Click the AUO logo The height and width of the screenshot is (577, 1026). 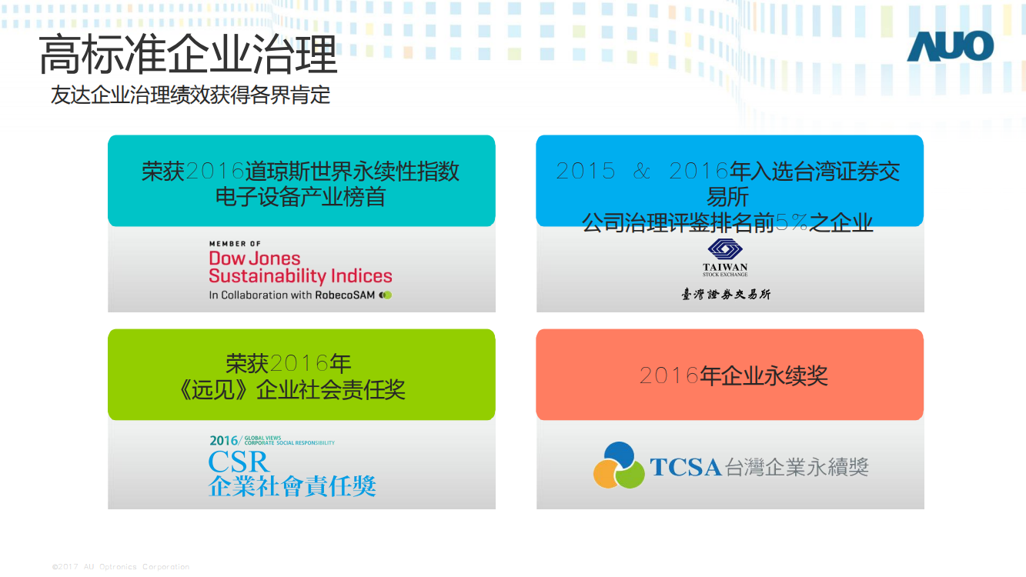click(x=951, y=46)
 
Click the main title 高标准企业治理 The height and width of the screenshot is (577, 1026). click(x=189, y=55)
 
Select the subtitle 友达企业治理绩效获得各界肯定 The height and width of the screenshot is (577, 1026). click(x=191, y=95)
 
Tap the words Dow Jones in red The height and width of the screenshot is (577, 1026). click(x=255, y=258)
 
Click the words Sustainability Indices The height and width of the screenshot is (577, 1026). click(x=300, y=276)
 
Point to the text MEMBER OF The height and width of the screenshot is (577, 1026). click(x=235, y=244)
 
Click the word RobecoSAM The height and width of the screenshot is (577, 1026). click(x=345, y=295)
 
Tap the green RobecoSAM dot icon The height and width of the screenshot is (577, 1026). click(x=386, y=295)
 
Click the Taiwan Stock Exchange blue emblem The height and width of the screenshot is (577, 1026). click(x=725, y=249)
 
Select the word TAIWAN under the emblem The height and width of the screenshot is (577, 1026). click(x=725, y=267)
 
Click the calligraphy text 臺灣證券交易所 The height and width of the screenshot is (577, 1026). click(x=726, y=294)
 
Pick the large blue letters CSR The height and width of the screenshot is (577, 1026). click(x=239, y=462)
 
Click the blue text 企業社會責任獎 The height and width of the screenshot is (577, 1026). click(x=292, y=486)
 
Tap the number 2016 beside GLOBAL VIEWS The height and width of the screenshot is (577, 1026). click(x=223, y=441)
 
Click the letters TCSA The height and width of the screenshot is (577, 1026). click(x=686, y=467)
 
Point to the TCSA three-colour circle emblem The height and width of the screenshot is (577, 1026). click(x=619, y=465)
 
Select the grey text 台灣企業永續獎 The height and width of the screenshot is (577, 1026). click(x=797, y=467)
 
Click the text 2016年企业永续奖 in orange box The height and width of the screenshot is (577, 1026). click(x=734, y=376)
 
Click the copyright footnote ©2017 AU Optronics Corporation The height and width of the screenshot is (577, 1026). click(x=121, y=566)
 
